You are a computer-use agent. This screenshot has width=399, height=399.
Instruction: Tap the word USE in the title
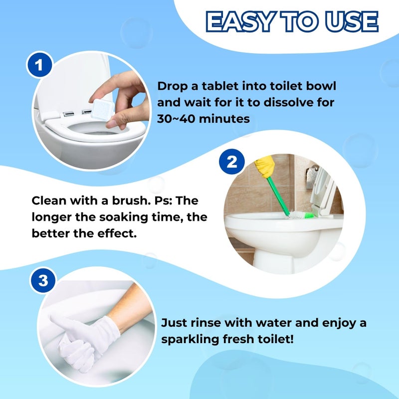(353, 21)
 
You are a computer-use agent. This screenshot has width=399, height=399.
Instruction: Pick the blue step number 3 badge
(43, 281)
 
